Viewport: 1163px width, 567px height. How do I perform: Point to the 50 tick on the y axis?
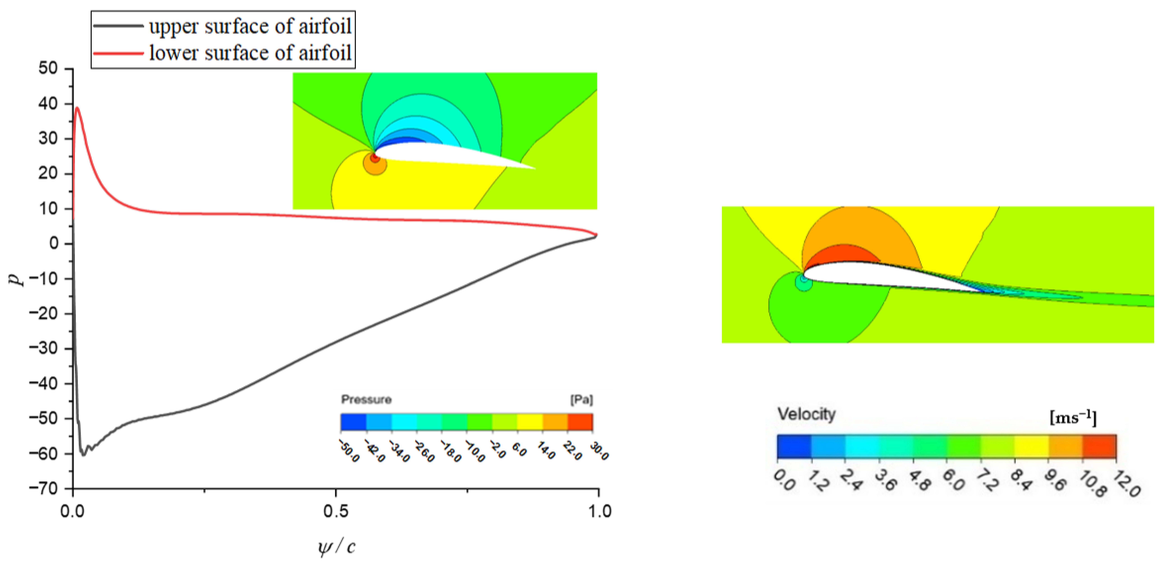[x=48, y=69]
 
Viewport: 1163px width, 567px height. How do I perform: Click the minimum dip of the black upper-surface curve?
[x=83, y=455]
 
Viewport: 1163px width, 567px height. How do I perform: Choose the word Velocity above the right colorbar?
[x=806, y=414]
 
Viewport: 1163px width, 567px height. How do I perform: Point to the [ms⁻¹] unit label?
[x=1073, y=417]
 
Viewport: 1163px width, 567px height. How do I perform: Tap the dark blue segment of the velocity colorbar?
[x=794, y=446]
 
